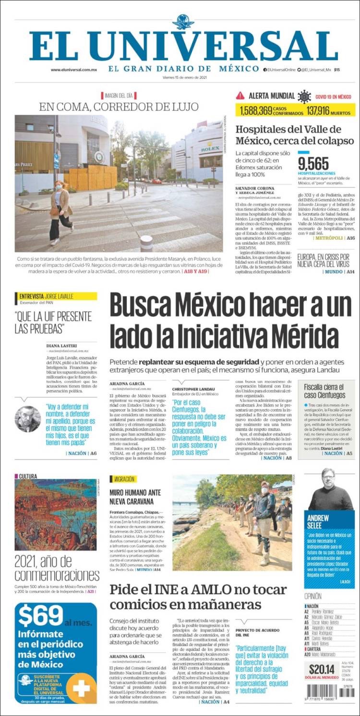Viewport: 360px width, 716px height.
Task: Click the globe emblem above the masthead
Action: pos(183,22)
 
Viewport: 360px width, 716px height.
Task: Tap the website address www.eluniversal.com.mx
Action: pos(74,70)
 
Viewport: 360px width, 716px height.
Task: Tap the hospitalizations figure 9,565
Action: pos(313,163)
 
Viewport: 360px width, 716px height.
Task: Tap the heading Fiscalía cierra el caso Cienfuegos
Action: pos(324,391)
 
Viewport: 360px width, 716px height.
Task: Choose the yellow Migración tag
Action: pos(123,479)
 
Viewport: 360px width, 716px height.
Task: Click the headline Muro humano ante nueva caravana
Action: pos(135,497)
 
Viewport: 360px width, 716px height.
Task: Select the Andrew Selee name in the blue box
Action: pos(318,522)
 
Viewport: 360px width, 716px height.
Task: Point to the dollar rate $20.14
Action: pos(321,669)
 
